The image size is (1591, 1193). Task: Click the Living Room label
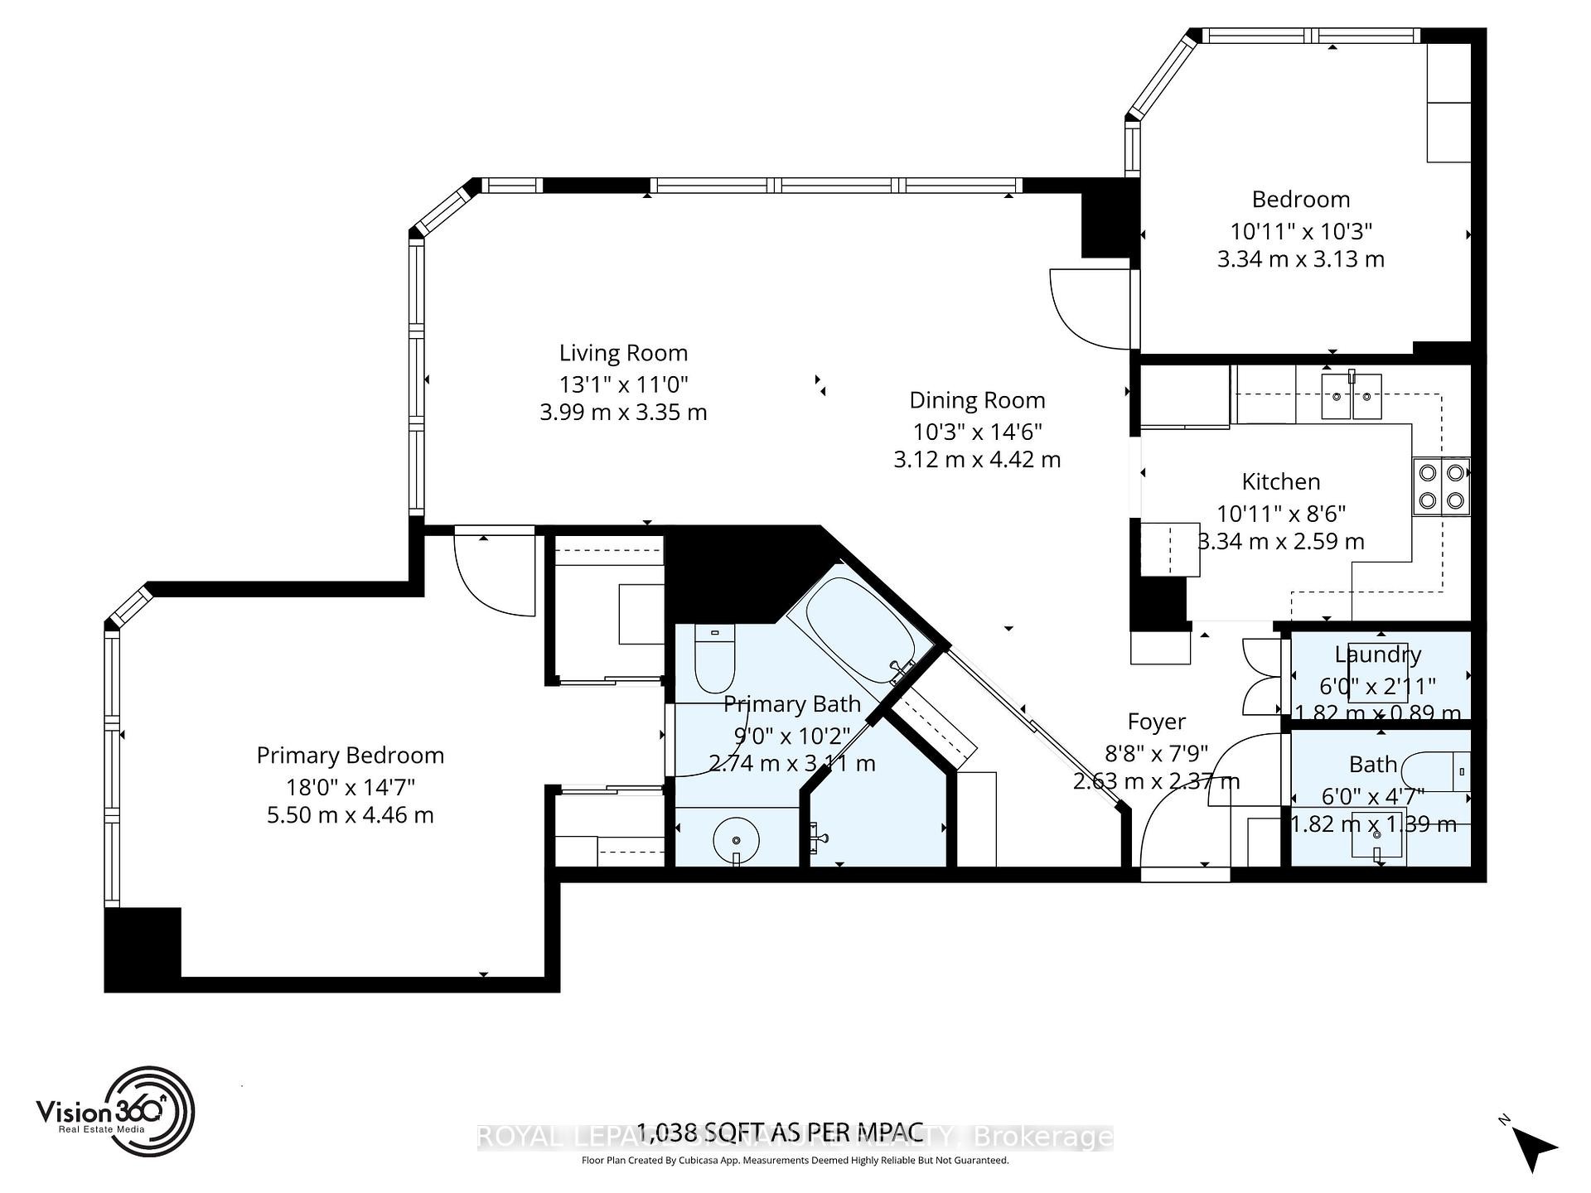coord(623,353)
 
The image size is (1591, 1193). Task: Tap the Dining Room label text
coord(977,400)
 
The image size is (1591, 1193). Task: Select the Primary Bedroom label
coord(350,756)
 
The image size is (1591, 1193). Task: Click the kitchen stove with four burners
coord(1441,486)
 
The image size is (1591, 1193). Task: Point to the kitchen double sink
coord(1351,397)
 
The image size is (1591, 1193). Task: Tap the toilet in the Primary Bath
coord(713,659)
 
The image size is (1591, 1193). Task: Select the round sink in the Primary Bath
coord(737,838)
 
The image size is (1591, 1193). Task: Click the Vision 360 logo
coord(116,1111)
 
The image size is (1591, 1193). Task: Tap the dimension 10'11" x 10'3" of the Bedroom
coord(1300,230)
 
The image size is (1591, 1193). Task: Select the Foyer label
coord(1156,722)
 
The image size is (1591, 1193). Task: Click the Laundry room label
coord(1377,654)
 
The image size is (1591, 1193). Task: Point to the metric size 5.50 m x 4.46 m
coord(350,815)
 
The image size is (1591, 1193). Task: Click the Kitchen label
coord(1280,481)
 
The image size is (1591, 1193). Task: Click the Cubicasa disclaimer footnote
coord(795,1161)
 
